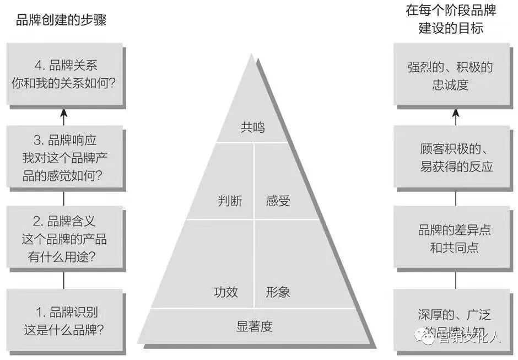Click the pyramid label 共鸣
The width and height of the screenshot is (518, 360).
(x=252, y=127)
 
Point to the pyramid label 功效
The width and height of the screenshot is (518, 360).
(x=226, y=292)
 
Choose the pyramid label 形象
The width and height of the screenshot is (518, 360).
(x=278, y=292)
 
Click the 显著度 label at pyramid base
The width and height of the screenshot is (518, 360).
(x=255, y=326)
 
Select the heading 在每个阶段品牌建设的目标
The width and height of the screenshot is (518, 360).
(x=451, y=19)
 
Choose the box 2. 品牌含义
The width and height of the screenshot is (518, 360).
(x=64, y=238)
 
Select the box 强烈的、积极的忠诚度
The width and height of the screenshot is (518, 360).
(x=450, y=76)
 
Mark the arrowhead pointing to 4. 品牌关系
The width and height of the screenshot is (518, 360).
(x=64, y=113)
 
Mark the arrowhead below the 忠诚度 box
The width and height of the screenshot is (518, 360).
(x=455, y=113)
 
